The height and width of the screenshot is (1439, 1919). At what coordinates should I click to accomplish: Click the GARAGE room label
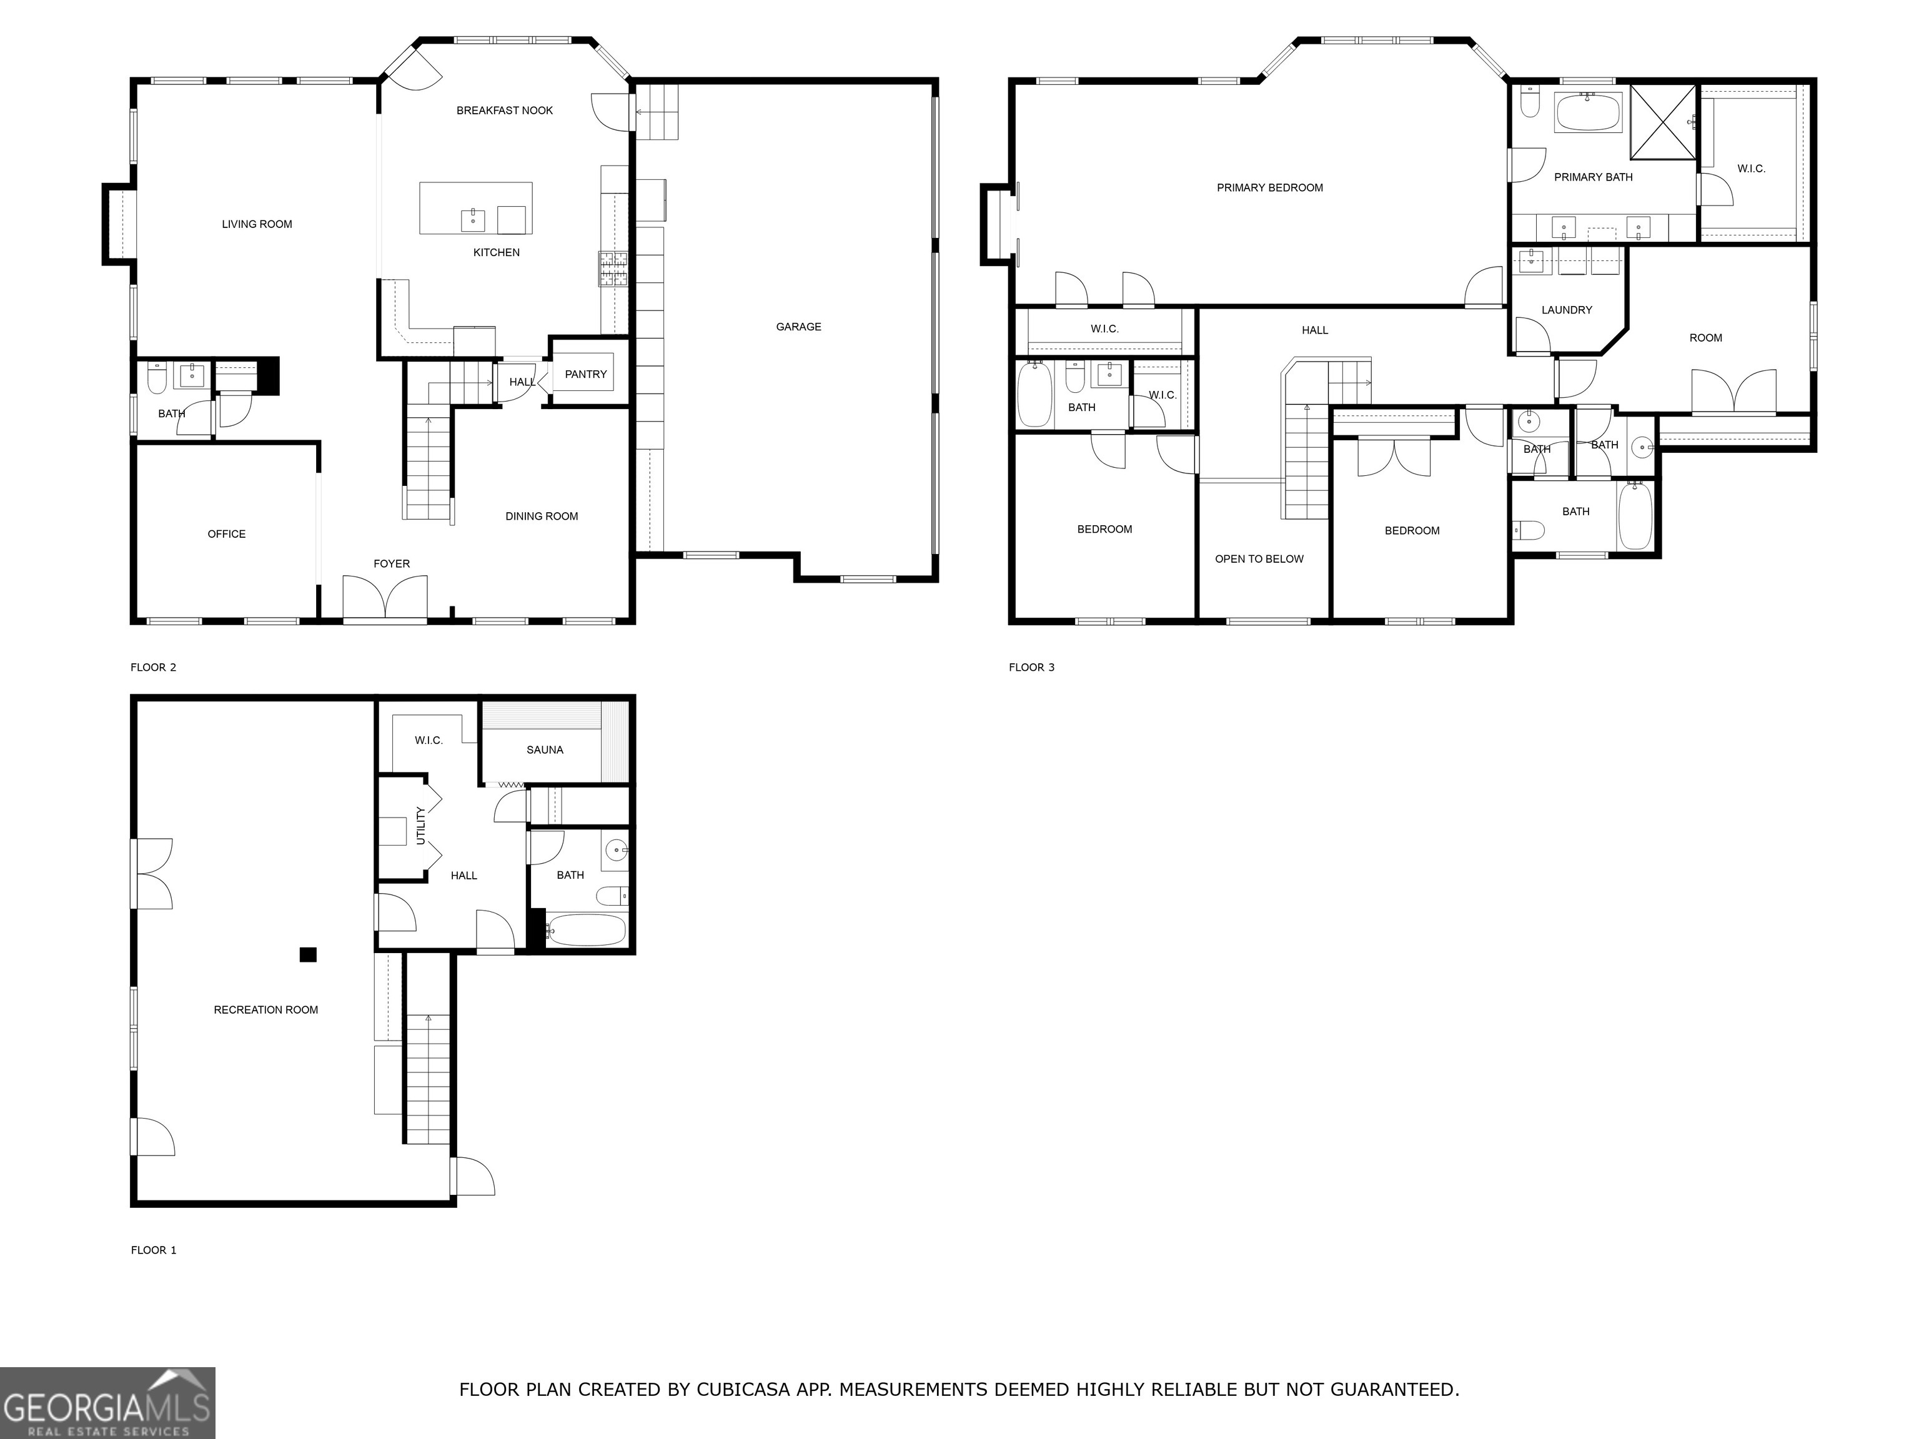798,327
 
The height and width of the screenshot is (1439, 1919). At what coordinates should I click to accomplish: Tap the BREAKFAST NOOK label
504,110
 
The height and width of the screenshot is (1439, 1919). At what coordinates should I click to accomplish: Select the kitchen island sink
473,219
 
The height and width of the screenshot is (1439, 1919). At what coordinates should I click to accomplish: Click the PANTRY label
585,374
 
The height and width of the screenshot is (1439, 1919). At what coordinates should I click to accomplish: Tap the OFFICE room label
226,533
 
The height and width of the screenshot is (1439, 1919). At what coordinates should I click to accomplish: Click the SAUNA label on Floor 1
545,749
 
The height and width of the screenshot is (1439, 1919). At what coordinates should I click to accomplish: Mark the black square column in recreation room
308,955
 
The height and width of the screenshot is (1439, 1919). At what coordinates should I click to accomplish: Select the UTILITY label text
421,826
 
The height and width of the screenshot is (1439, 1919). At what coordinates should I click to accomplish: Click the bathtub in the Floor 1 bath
587,931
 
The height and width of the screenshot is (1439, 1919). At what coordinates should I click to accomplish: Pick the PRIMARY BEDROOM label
1269,187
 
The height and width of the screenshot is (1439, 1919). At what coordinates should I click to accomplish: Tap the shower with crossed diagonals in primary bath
1663,122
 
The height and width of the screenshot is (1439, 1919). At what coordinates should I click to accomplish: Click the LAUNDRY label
1567,310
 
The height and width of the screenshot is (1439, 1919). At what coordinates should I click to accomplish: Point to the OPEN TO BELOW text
1259,558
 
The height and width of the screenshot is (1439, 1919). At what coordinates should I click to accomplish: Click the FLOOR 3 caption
1031,667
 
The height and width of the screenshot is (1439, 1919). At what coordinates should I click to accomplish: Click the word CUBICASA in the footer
743,1390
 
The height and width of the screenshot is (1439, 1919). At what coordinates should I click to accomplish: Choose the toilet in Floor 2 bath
157,379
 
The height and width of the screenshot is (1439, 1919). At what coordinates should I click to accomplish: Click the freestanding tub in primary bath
1587,113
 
